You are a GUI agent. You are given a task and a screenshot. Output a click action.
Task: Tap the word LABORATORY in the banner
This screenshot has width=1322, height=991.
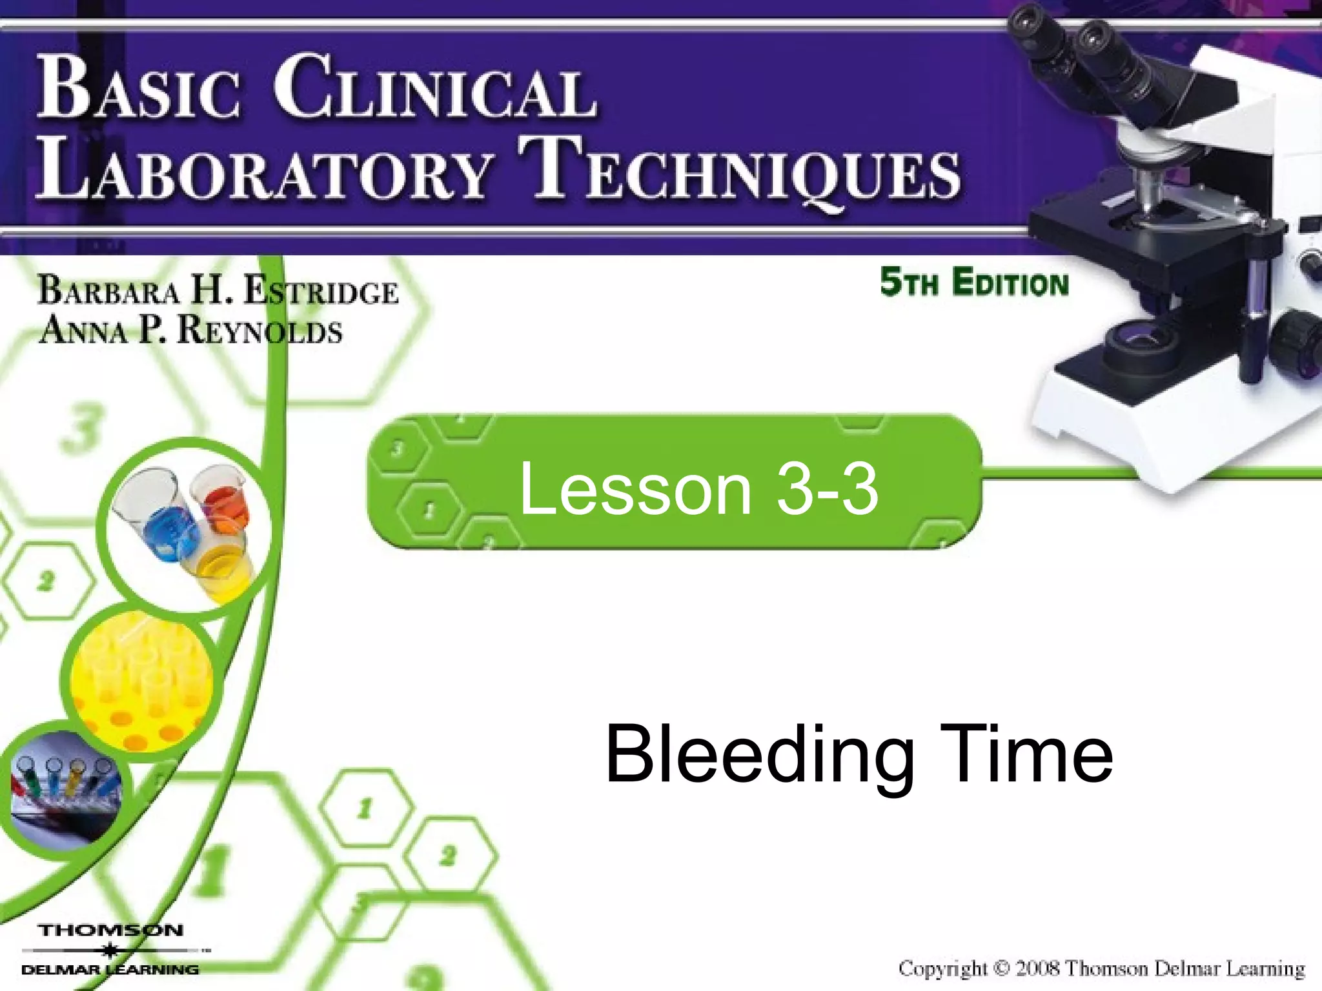pyautogui.click(x=265, y=169)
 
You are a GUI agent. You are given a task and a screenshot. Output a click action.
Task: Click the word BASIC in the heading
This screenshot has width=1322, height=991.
pyautogui.click(x=139, y=88)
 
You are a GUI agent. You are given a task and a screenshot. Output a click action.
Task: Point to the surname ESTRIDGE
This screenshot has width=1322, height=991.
pyautogui.click(x=321, y=292)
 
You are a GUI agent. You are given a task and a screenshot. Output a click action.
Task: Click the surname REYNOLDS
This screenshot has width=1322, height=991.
pyautogui.click(x=258, y=330)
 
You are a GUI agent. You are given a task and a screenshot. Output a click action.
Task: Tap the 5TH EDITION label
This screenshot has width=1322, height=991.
pyautogui.click(x=973, y=283)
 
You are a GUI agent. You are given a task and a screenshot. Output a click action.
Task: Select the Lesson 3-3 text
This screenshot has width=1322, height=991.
pyautogui.click(x=698, y=489)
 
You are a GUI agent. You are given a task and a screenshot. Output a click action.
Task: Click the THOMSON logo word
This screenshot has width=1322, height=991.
pyautogui.click(x=111, y=930)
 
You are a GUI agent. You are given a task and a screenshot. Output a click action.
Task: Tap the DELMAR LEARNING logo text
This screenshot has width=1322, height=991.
pyautogui.click(x=110, y=970)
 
